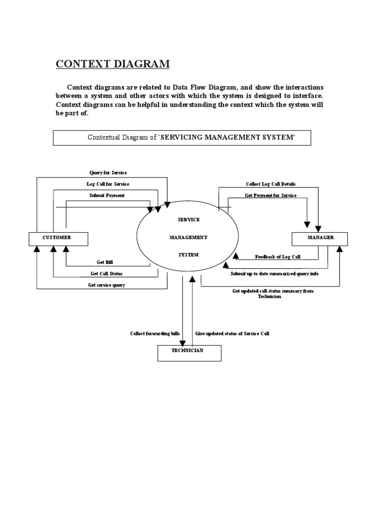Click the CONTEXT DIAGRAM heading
point(113,64)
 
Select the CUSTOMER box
point(58,239)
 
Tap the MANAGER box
point(320,239)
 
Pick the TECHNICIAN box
point(189,353)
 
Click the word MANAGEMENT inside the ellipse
point(189,237)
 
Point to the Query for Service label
point(108,173)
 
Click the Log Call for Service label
point(108,184)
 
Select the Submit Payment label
point(107,195)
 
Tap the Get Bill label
point(108,262)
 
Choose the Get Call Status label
point(107,273)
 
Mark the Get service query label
point(107,285)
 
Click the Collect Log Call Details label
point(271,184)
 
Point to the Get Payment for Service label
point(271,195)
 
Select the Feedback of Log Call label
point(278,257)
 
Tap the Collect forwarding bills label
point(155,334)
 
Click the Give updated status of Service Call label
point(232,334)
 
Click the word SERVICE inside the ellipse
point(189,219)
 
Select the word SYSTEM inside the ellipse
point(189,255)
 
